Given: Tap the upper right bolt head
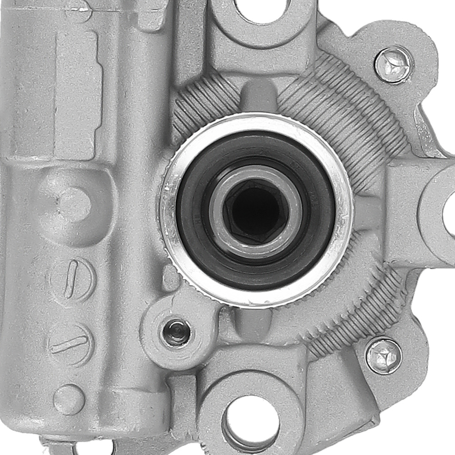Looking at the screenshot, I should coord(394,65).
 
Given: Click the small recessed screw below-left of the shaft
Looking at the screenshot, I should coord(177,332).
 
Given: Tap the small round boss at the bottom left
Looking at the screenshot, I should coord(69,399).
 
